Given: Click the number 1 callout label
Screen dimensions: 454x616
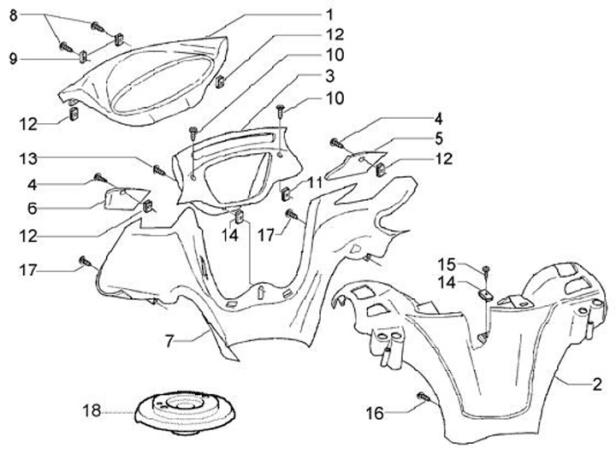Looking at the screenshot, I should point(329,15).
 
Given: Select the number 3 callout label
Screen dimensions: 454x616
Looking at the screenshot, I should point(329,77).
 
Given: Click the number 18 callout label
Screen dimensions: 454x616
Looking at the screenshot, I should point(91,412).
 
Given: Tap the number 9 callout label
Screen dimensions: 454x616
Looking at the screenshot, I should point(14,58).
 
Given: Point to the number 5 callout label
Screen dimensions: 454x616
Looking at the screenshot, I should point(437,139).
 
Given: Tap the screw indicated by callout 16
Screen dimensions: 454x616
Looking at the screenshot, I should point(422,396).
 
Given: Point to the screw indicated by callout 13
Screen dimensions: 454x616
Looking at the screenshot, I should point(159,168).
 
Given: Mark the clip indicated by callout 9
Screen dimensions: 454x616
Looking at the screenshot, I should point(85,57).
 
